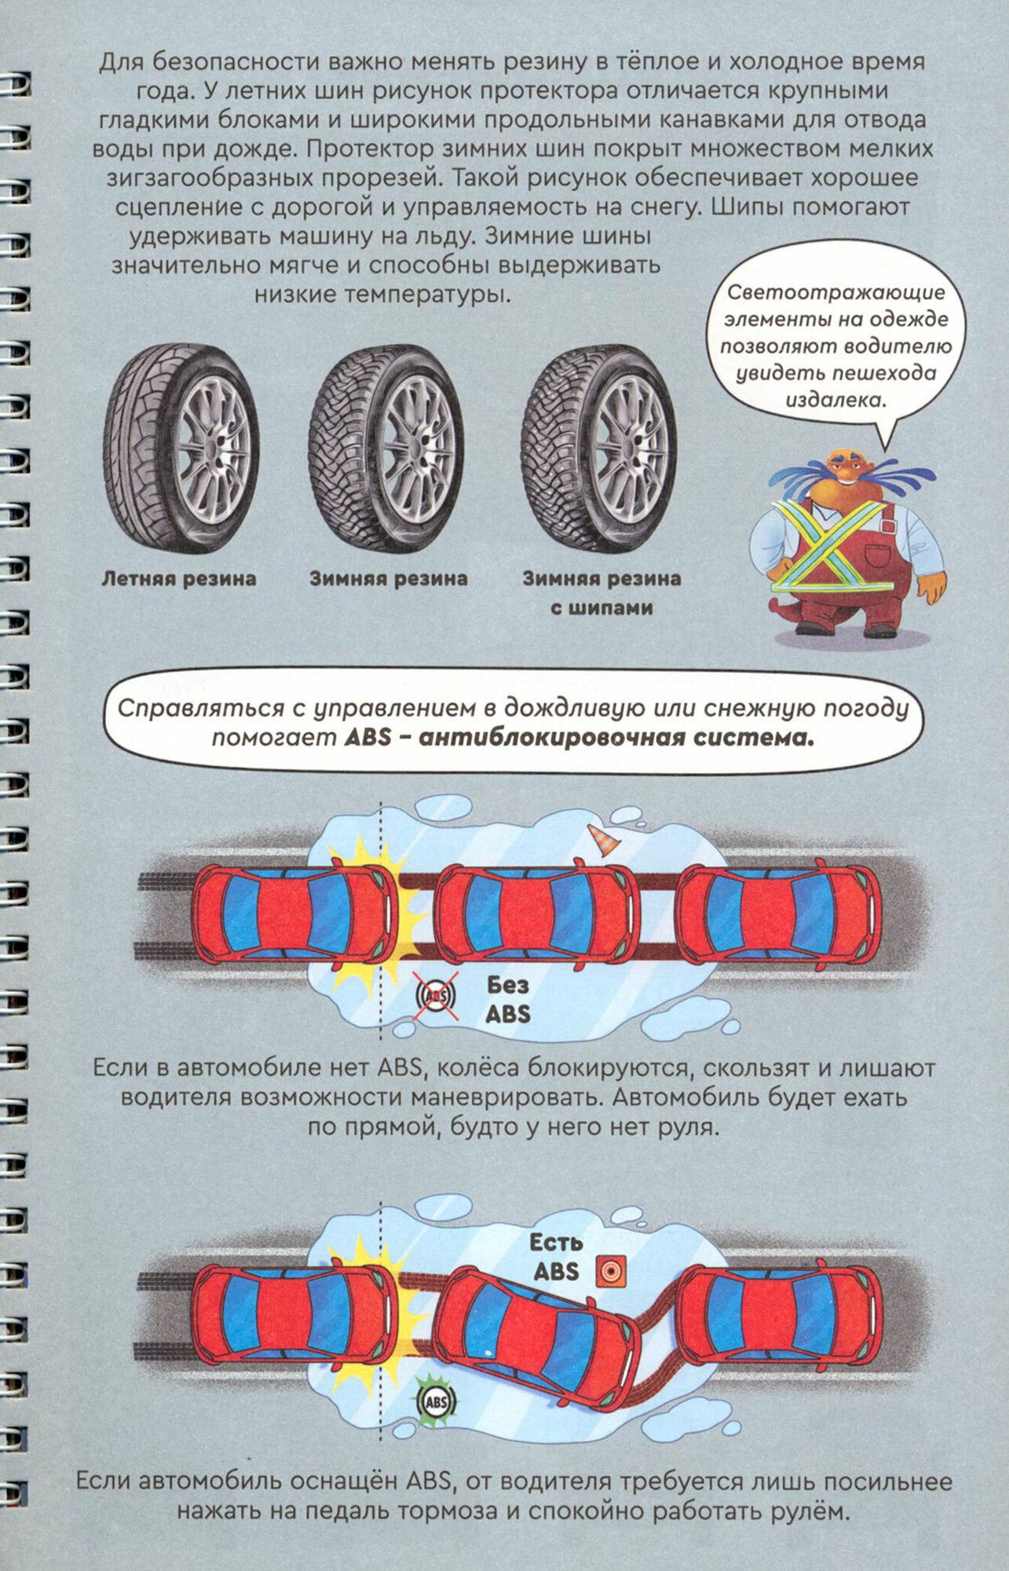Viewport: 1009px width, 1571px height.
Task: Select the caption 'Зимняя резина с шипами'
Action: pos(601,593)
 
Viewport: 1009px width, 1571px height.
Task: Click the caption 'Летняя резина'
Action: pos(179,579)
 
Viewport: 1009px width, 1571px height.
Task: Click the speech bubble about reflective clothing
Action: pos(836,346)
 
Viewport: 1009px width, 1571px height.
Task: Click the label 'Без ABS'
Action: pos(508,998)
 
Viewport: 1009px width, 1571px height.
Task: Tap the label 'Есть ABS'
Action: pos(556,1257)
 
